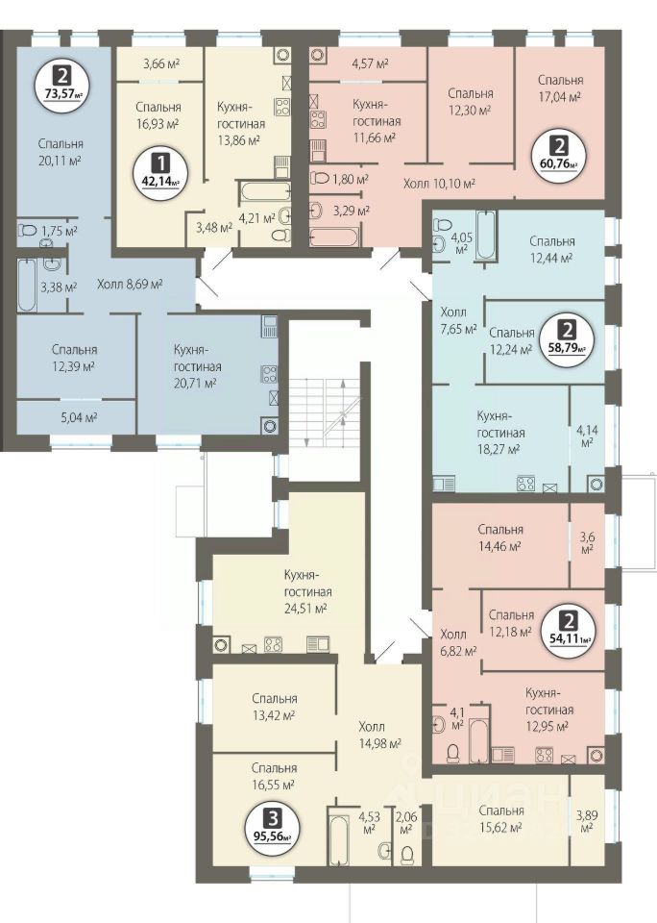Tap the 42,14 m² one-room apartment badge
159,171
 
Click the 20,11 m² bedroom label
61,152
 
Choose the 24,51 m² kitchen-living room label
307,591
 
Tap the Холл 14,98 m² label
380,735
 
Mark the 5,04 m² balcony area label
80,417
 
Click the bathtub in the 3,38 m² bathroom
27,285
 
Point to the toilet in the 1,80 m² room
321,177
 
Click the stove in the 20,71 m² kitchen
269,374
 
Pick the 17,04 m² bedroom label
561,88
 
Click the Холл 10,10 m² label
439,183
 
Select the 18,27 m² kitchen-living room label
500,433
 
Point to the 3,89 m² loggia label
585,819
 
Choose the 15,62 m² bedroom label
500,819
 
